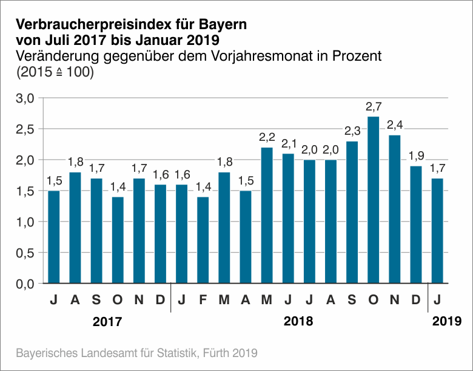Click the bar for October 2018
pyautogui.click(x=374, y=200)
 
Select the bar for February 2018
pyautogui.click(x=203, y=240)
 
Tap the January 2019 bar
pyautogui.click(x=437, y=231)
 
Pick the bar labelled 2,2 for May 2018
pyautogui.click(x=267, y=215)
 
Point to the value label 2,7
pyautogui.click(x=374, y=107)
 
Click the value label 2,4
pyautogui.click(x=395, y=126)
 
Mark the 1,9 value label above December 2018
pyautogui.click(x=416, y=157)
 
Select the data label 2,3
pyautogui.click(x=352, y=132)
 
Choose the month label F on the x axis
pyautogui.click(x=203, y=299)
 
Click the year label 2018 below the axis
pyautogui.click(x=298, y=321)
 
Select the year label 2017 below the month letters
pyautogui.click(x=107, y=321)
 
